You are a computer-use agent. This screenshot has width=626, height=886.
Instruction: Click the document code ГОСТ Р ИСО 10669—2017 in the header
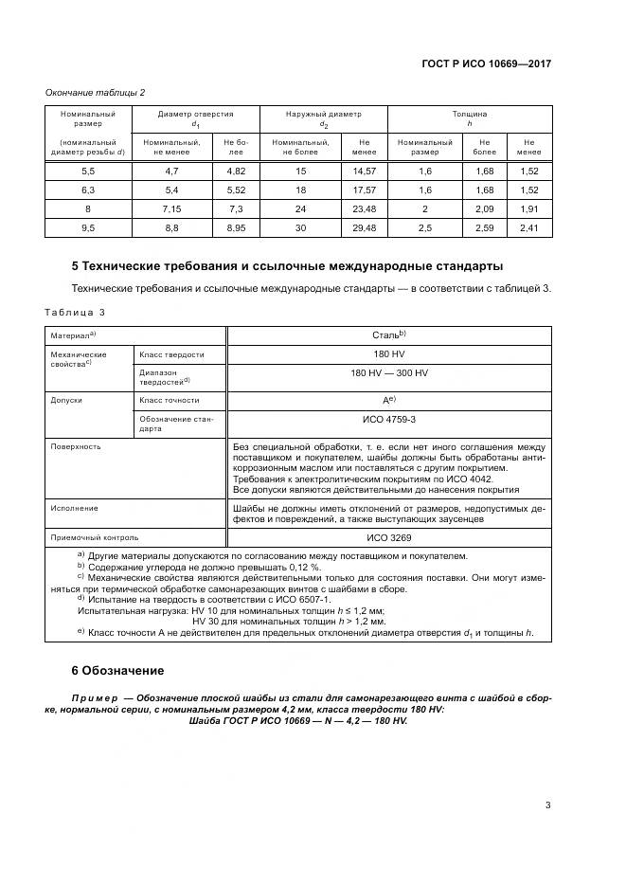486,63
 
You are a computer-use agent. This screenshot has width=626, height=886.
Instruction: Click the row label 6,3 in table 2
88,190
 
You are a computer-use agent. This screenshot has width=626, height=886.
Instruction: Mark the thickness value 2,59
484,227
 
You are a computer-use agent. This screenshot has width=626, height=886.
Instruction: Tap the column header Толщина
470,115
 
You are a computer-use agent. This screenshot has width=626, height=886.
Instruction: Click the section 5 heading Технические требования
287,265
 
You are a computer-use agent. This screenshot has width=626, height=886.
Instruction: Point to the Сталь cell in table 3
389,335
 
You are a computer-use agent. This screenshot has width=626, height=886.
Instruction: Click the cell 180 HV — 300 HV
389,373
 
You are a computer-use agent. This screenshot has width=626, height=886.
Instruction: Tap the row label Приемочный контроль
87,535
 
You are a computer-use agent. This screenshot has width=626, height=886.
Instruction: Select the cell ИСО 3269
389,535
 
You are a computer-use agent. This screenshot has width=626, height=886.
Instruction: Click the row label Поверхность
76,445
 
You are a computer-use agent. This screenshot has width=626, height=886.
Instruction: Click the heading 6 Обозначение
118,670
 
